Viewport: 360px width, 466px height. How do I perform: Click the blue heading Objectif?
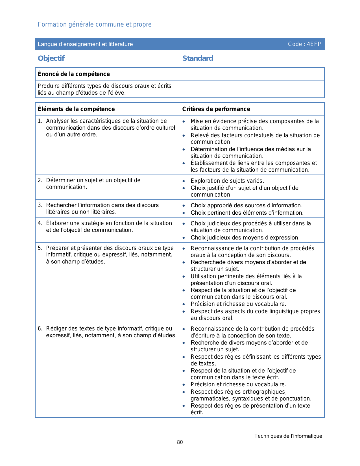51,58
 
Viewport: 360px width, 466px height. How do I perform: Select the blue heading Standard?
198,58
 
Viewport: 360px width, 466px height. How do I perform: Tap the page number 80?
180,442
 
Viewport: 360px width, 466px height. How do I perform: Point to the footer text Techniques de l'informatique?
288,436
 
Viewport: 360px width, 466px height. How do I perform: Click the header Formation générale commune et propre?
95,25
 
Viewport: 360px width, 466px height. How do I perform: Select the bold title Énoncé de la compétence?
74,74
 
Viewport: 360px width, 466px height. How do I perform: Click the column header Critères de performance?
216,109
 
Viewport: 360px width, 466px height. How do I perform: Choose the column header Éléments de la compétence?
76,109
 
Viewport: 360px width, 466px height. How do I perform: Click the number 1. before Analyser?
40,121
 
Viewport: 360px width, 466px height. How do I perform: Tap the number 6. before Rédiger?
40,329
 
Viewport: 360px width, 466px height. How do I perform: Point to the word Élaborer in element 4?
58,223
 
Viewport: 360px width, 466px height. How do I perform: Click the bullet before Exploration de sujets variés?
184,181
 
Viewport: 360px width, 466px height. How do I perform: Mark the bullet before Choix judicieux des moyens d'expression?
184,238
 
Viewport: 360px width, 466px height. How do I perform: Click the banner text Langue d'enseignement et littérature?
85,44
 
